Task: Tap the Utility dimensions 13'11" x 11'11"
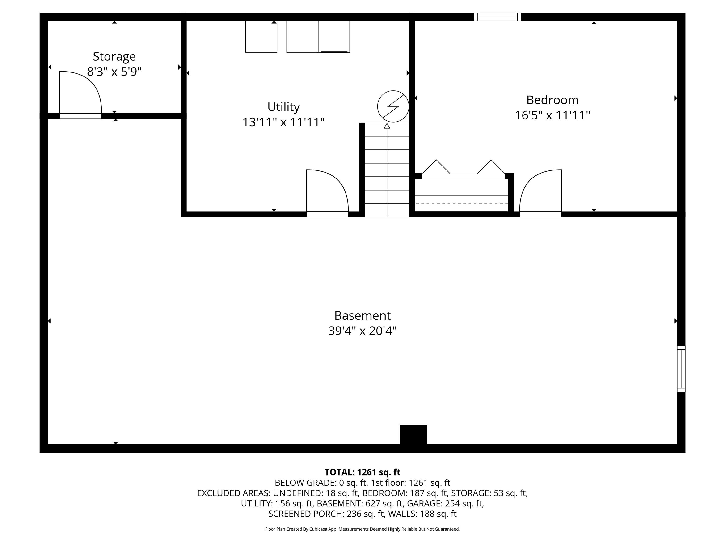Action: coord(283,122)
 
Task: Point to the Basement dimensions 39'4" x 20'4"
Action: coord(362,331)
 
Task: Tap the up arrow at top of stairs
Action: coord(387,126)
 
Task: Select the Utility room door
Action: coord(327,193)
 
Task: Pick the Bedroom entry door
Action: coord(540,193)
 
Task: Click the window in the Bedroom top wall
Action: coord(497,17)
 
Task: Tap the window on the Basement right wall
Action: coord(681,369)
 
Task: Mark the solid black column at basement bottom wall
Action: coord(413,435)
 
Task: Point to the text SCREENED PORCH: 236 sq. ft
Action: coord(326,514)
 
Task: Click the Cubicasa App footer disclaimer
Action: coord(362,529)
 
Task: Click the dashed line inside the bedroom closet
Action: coord(461,204)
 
